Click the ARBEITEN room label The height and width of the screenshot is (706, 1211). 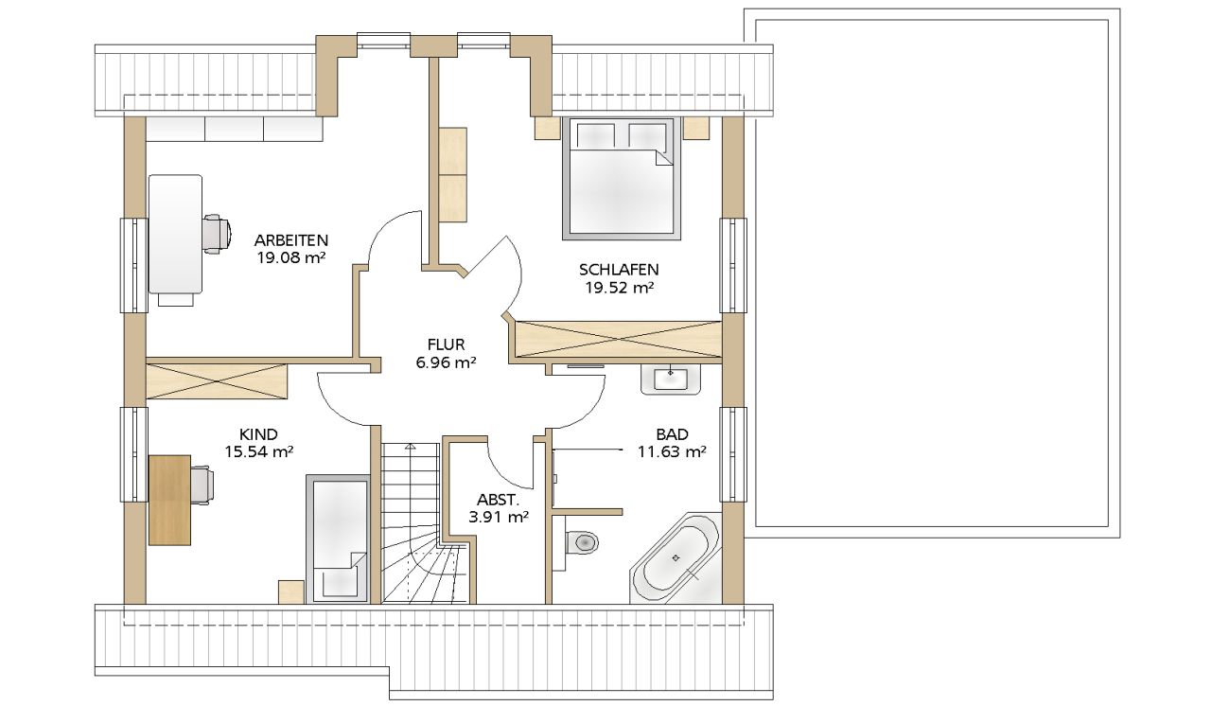(291, 240)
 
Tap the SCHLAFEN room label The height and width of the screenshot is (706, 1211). (619, 269)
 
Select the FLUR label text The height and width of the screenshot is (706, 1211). (446, 344)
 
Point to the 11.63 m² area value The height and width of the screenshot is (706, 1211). (672, 451)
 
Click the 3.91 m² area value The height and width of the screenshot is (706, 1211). (499, 518)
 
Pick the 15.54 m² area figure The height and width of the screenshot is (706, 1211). (259, 451)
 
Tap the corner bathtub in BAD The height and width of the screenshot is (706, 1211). (676, 557)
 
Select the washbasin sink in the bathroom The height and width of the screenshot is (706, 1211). (671, 379)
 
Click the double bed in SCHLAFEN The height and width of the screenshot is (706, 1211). (622, 178)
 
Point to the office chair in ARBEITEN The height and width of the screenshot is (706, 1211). (218, 234)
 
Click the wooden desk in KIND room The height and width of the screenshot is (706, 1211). (169, 500)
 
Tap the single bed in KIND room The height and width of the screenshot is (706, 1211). (338, 538)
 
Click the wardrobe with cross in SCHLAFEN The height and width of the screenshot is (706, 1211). (619, 339)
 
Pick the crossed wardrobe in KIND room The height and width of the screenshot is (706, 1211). (217, 381)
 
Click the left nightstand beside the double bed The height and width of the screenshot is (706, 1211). (547, 129)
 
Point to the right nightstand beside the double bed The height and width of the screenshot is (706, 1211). (695, 129)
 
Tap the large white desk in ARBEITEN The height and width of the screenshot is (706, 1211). (175, 234)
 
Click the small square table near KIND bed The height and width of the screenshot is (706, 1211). (291, 591)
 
